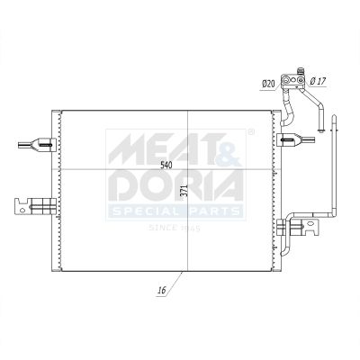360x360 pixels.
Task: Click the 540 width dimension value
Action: pyautogui.click(x=166, y=165)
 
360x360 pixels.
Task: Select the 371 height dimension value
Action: pyautogui.click(x=185, y=191)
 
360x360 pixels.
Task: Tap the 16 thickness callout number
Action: pyautogui.click(x=162, y=290)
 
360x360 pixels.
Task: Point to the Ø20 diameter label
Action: pyautogui.click(x=268, y=85)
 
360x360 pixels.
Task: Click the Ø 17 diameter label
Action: pyautogui.click(x=318, y=81)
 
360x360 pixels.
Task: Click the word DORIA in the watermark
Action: pyautogui.click(x=175, y=185)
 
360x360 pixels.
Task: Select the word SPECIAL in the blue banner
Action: pyautogui.click(x=146, y=211)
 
